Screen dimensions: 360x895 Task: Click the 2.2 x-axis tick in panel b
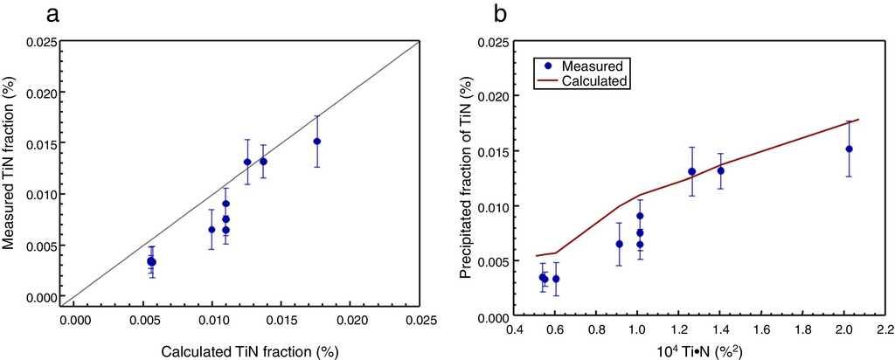pyautogui.click(x=884, y=331)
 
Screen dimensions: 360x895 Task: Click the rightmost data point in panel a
pyautogui.click(x=317, y=142)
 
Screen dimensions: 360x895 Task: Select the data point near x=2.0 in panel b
pyautogui.click(x=849, y=149)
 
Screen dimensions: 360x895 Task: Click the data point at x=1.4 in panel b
pyautogui.click(x=720, y=170)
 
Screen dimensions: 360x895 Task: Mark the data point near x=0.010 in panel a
pyautogui.click(x=212, y=230)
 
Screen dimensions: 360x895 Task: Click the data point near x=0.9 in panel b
pyautogui.click(x=619, y=244)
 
